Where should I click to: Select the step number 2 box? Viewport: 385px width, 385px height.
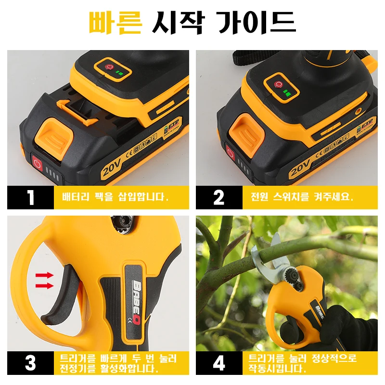(x=219, y=197)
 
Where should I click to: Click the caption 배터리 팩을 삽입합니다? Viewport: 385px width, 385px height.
(x=115, y=197)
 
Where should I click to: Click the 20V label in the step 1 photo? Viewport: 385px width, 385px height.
(x=112, y=168)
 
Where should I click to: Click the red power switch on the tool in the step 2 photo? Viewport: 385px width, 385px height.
(x=278, y=84)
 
